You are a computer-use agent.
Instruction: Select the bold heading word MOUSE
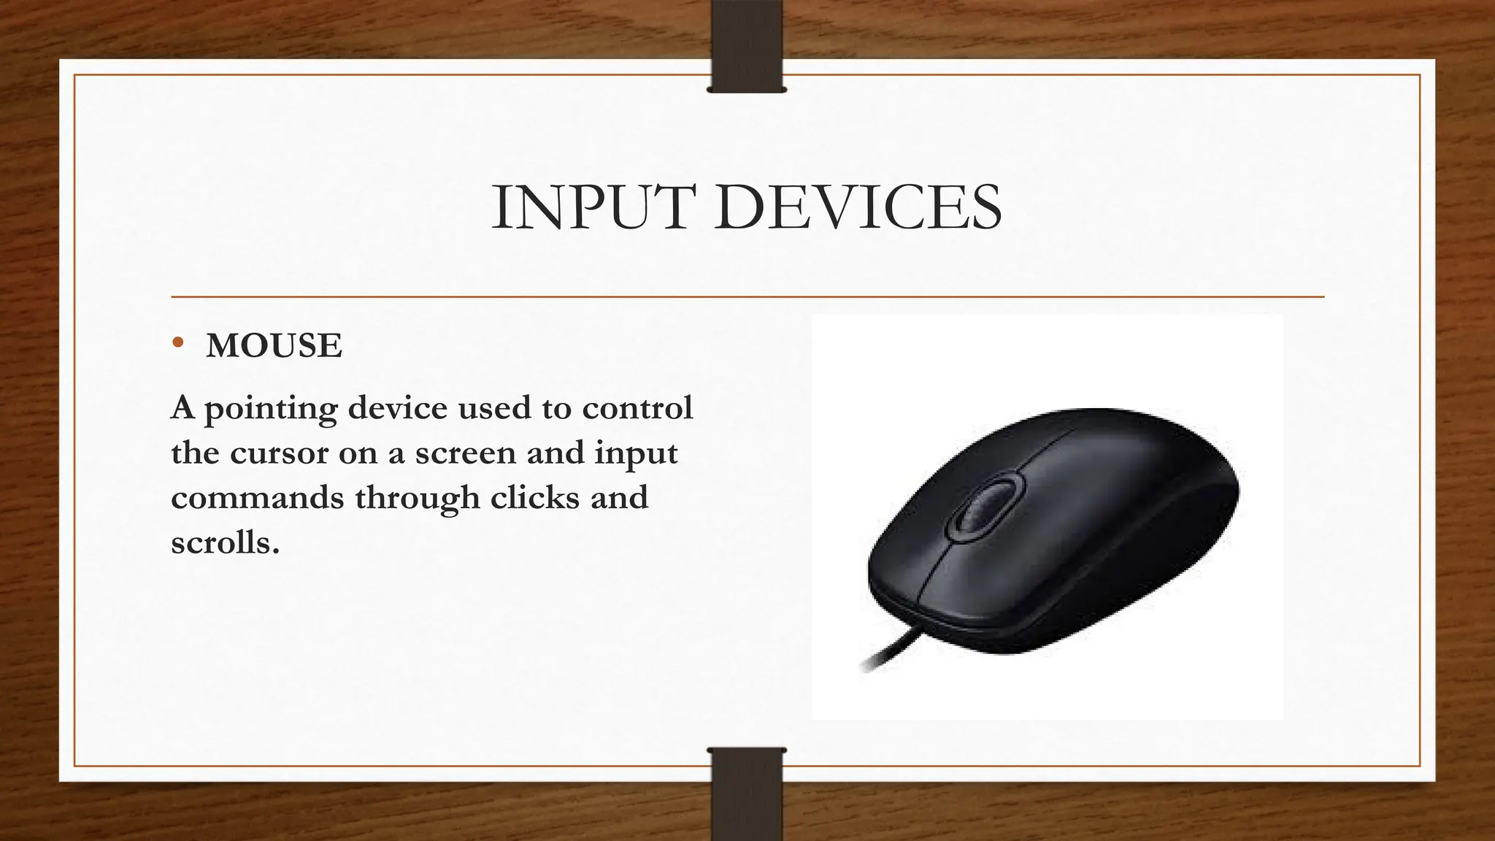tap(274, 345)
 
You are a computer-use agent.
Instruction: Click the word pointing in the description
tap(270, 409)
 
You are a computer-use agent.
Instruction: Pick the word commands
tap(258, 498)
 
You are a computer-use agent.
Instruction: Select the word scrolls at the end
tap(225, 543)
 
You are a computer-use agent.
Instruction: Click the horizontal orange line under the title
tap(747, 297)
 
